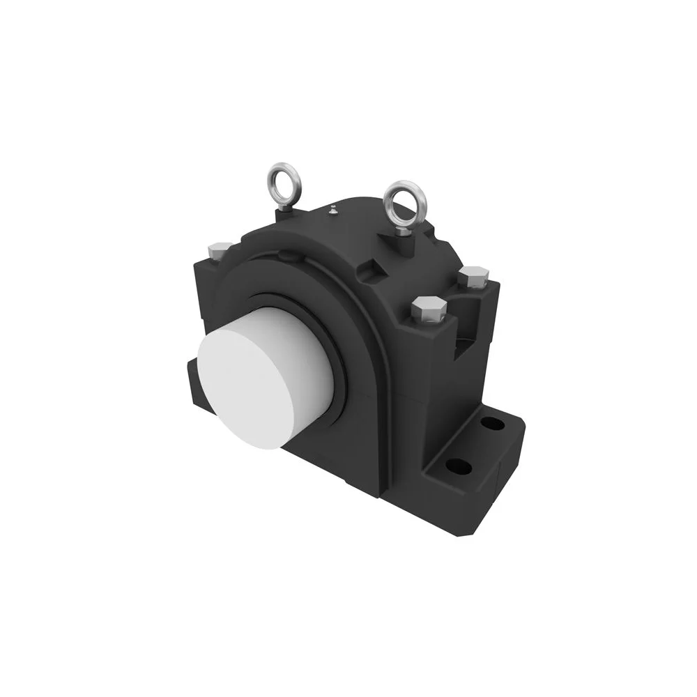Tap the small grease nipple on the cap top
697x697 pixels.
[x=334, y=208]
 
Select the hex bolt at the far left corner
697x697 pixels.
[x=220, y=248]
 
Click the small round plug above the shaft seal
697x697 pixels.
[x=286, y=259]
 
